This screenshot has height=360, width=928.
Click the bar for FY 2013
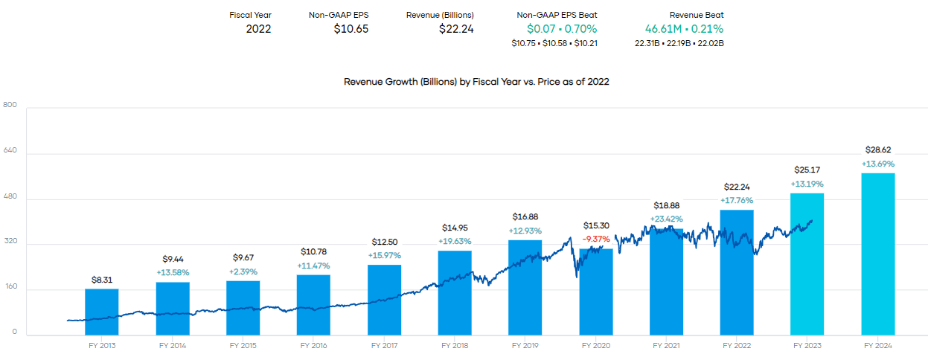coord(101,312)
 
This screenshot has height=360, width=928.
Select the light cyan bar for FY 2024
coord(877,254)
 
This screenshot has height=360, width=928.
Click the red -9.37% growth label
coord(596,240)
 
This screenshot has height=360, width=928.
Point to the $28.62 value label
coord(878,150)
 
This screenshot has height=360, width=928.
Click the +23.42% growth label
coord(666,219)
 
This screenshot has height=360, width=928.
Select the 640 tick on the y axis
coord(10,151)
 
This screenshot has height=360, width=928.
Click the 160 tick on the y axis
coord(10,287)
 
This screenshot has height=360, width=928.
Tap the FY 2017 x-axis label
coord(384,346)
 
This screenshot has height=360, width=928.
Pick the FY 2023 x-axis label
coord(807,346)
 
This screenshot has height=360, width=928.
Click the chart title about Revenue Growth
coord(476,82)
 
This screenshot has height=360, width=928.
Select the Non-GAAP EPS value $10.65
coord(351,29)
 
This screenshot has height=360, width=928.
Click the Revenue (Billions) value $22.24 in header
coord(455,29)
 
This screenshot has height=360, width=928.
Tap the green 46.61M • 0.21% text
coord(684,29)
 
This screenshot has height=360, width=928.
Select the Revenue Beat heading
coord(696,15)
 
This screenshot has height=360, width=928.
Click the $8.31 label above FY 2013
coord(101,279)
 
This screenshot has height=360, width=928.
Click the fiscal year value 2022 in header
coord(258,29)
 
